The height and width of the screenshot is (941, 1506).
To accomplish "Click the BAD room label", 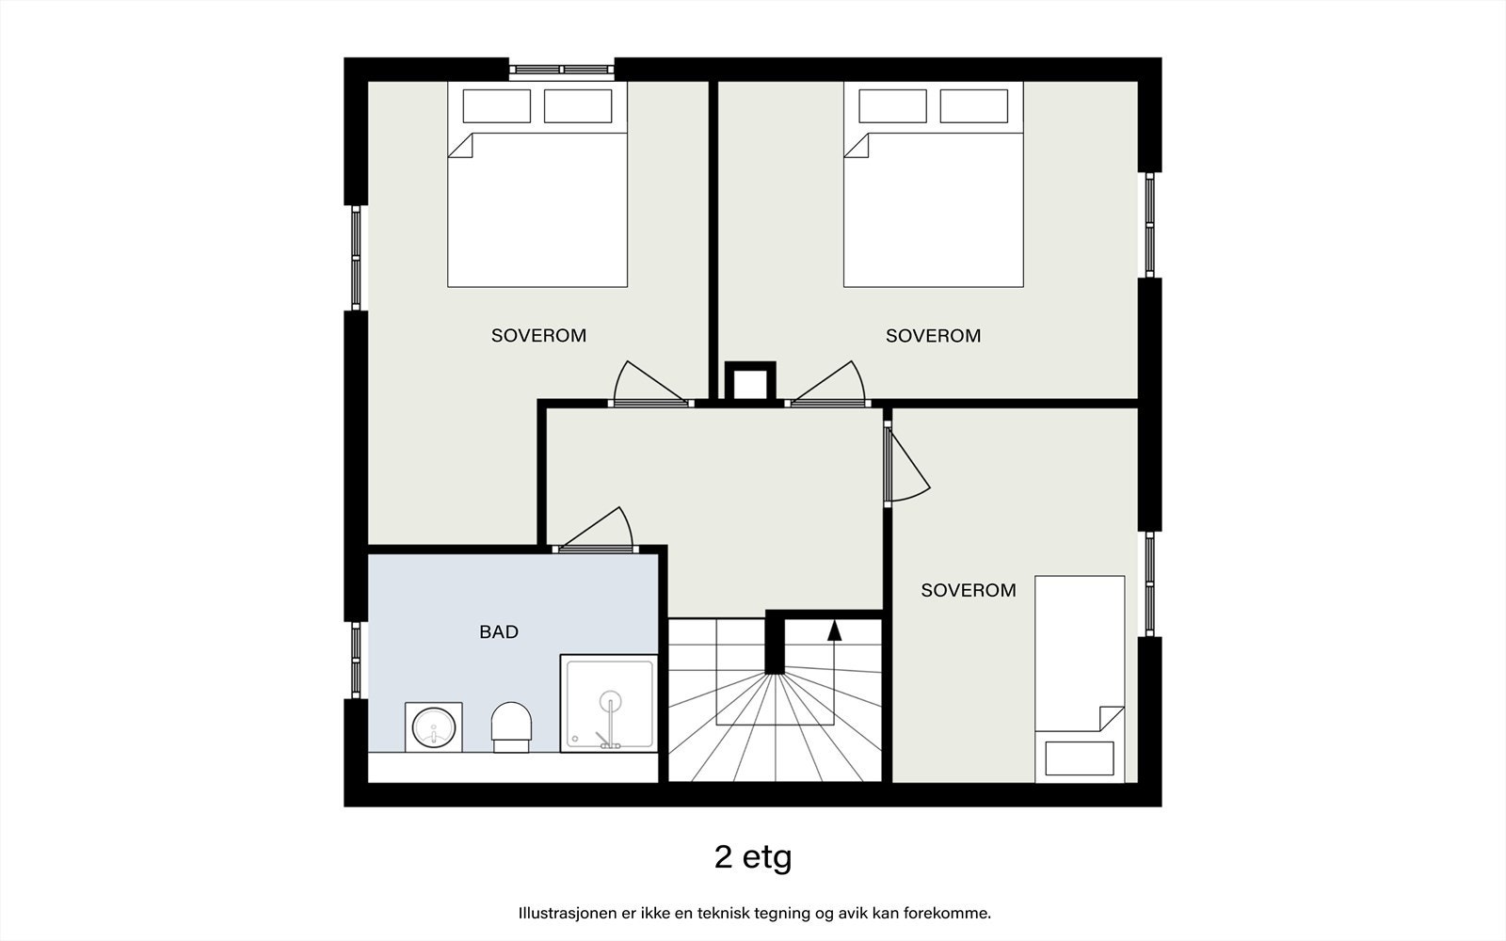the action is click(x=499, y=631).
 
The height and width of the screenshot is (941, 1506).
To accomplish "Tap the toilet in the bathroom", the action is click(x=512, y=727).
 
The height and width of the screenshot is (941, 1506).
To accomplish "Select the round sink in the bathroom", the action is click(x=434, y=727).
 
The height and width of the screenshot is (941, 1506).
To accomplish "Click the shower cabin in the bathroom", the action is click(x=609, y=703).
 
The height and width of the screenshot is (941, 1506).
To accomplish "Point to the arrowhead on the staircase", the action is click(x=834, y=630).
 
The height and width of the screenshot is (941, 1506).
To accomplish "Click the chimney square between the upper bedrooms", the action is click(x=750, y=382).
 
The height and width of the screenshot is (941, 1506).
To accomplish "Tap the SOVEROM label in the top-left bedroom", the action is click(x=538, y=335).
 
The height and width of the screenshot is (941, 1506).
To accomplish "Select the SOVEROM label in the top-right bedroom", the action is click(x=933, y=335).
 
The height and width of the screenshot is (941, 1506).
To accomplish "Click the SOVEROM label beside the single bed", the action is click(x=969, y=590).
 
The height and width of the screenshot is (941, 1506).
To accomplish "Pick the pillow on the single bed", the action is click(x=1080, y=758).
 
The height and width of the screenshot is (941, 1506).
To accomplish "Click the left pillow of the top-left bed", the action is click(x=497, y=106).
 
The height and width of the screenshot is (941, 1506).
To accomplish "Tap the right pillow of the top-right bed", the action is click(x=973, y=106).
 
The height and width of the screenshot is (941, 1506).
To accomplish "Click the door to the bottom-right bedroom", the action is click(x=906, y=464).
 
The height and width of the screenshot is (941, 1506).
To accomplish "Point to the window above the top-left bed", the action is click(x=561, y=70).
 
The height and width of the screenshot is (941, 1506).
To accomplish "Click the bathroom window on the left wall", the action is click(x=357, y=661).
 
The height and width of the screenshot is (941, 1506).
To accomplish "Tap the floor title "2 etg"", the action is click(x=753, y=857).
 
